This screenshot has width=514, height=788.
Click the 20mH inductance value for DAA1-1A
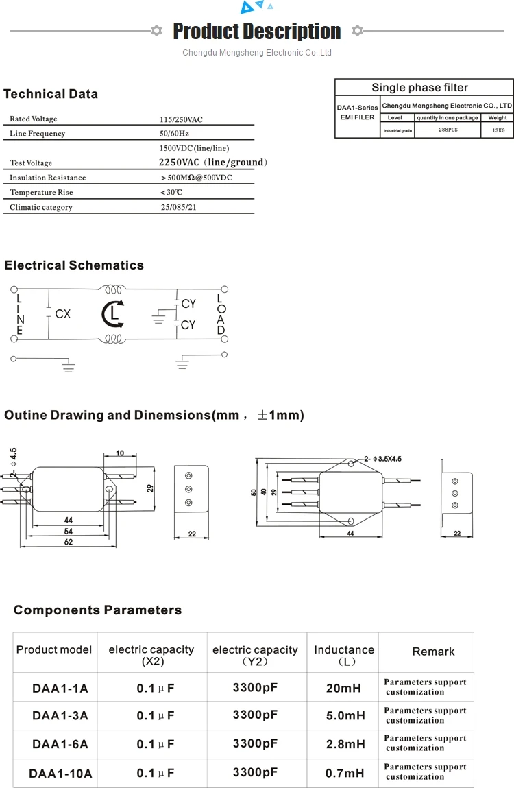(343, 687)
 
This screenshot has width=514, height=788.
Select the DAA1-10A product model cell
(60, 774)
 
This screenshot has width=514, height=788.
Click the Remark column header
(433, 652)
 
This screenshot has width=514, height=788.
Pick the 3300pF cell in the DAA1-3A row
(255, 715)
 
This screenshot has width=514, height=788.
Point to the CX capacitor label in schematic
(62, 314)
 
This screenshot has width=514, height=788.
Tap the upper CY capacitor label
(188, 304)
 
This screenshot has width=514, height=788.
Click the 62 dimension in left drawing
(68, 542)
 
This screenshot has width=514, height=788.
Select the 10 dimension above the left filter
(120, 453)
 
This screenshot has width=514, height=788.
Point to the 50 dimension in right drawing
(254, 492)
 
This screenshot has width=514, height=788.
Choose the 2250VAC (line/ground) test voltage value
(212, 163)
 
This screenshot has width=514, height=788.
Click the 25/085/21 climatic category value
(178, 207)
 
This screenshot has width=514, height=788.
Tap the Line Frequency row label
(37, 134)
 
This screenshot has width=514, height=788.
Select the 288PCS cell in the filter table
(448, 130)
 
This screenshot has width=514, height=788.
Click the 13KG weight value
(498, 130)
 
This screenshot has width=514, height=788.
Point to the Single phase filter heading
(419, 87)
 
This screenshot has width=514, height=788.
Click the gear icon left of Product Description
(156, 30)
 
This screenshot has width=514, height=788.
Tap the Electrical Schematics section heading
(74, 265)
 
